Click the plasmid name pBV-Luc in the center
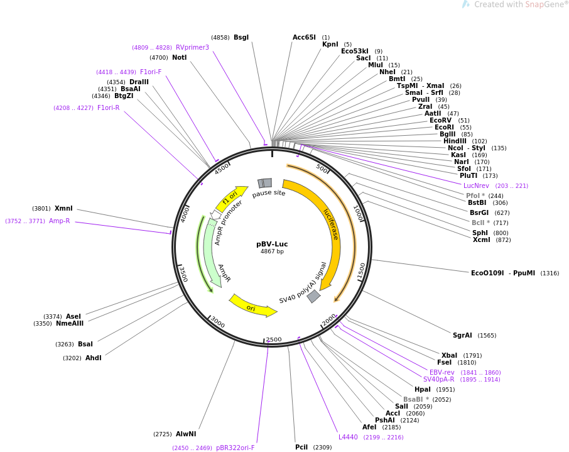(x=272, y=244)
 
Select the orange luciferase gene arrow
(x=331, y=226)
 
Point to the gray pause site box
(x=265, y=183)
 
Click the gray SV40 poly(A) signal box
(x=313, y=296)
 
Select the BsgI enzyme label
(x=241, y=38)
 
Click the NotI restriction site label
(x=180, y=58)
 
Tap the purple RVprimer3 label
(x=192, y=48)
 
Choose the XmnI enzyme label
(x=63, y=209)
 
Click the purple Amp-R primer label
(x=60, y=221)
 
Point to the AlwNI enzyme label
(x=186, y=434)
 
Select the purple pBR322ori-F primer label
(x=235, y=448)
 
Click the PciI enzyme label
(x=301, y=448)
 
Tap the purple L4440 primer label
(x=348, y=438)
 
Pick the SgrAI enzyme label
(x=462, y=336)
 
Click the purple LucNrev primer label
(x=476, y=186)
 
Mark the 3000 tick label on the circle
(x=217, y=322)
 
